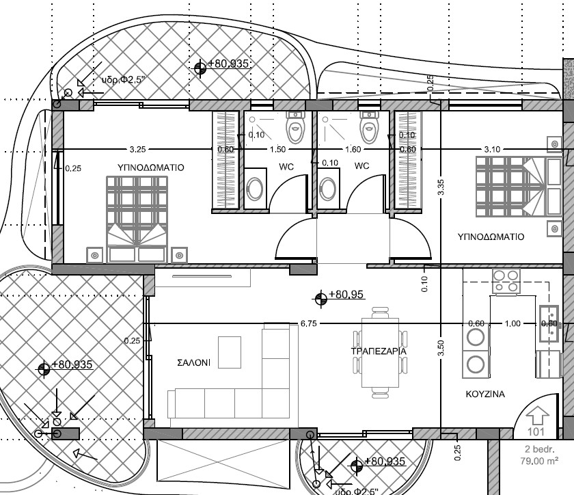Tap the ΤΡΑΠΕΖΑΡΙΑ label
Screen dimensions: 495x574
tap(379, 351)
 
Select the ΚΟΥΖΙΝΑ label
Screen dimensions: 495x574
tap(485, 394)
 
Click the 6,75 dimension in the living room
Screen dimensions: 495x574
tap(308, 323)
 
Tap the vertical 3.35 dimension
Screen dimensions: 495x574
tap(441, 187)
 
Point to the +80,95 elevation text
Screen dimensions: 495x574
tap(346, 295)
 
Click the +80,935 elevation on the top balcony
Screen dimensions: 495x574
tap(228, 64)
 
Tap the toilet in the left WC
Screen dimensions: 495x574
tap(295, 127)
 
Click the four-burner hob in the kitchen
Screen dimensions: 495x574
tap(506, 281)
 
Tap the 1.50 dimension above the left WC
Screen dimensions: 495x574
tap(276, 149)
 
